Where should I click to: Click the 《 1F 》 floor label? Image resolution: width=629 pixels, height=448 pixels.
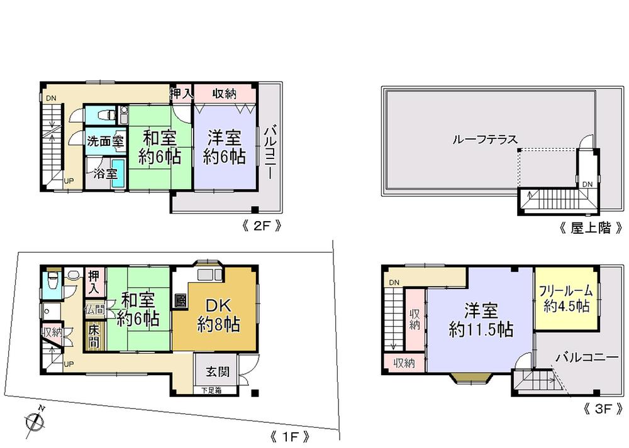click(289, 435)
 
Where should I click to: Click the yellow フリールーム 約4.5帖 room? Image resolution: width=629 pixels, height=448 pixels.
click(565, 299)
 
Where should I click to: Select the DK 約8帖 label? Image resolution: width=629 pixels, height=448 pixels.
click(218, 315)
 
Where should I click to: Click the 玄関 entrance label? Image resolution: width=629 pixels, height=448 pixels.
click(216, 371)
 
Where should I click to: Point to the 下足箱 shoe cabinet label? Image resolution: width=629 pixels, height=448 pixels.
click(211, 391)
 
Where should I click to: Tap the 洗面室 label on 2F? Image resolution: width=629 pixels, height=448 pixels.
click(105, 141)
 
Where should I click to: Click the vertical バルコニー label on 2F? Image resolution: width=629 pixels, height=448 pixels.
click(270, 150)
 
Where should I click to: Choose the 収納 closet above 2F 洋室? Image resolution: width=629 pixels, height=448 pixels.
click(223, 94)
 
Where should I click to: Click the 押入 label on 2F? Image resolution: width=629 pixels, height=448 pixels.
click(181, 94)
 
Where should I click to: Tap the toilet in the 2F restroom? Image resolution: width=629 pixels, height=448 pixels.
click(108, 115)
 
